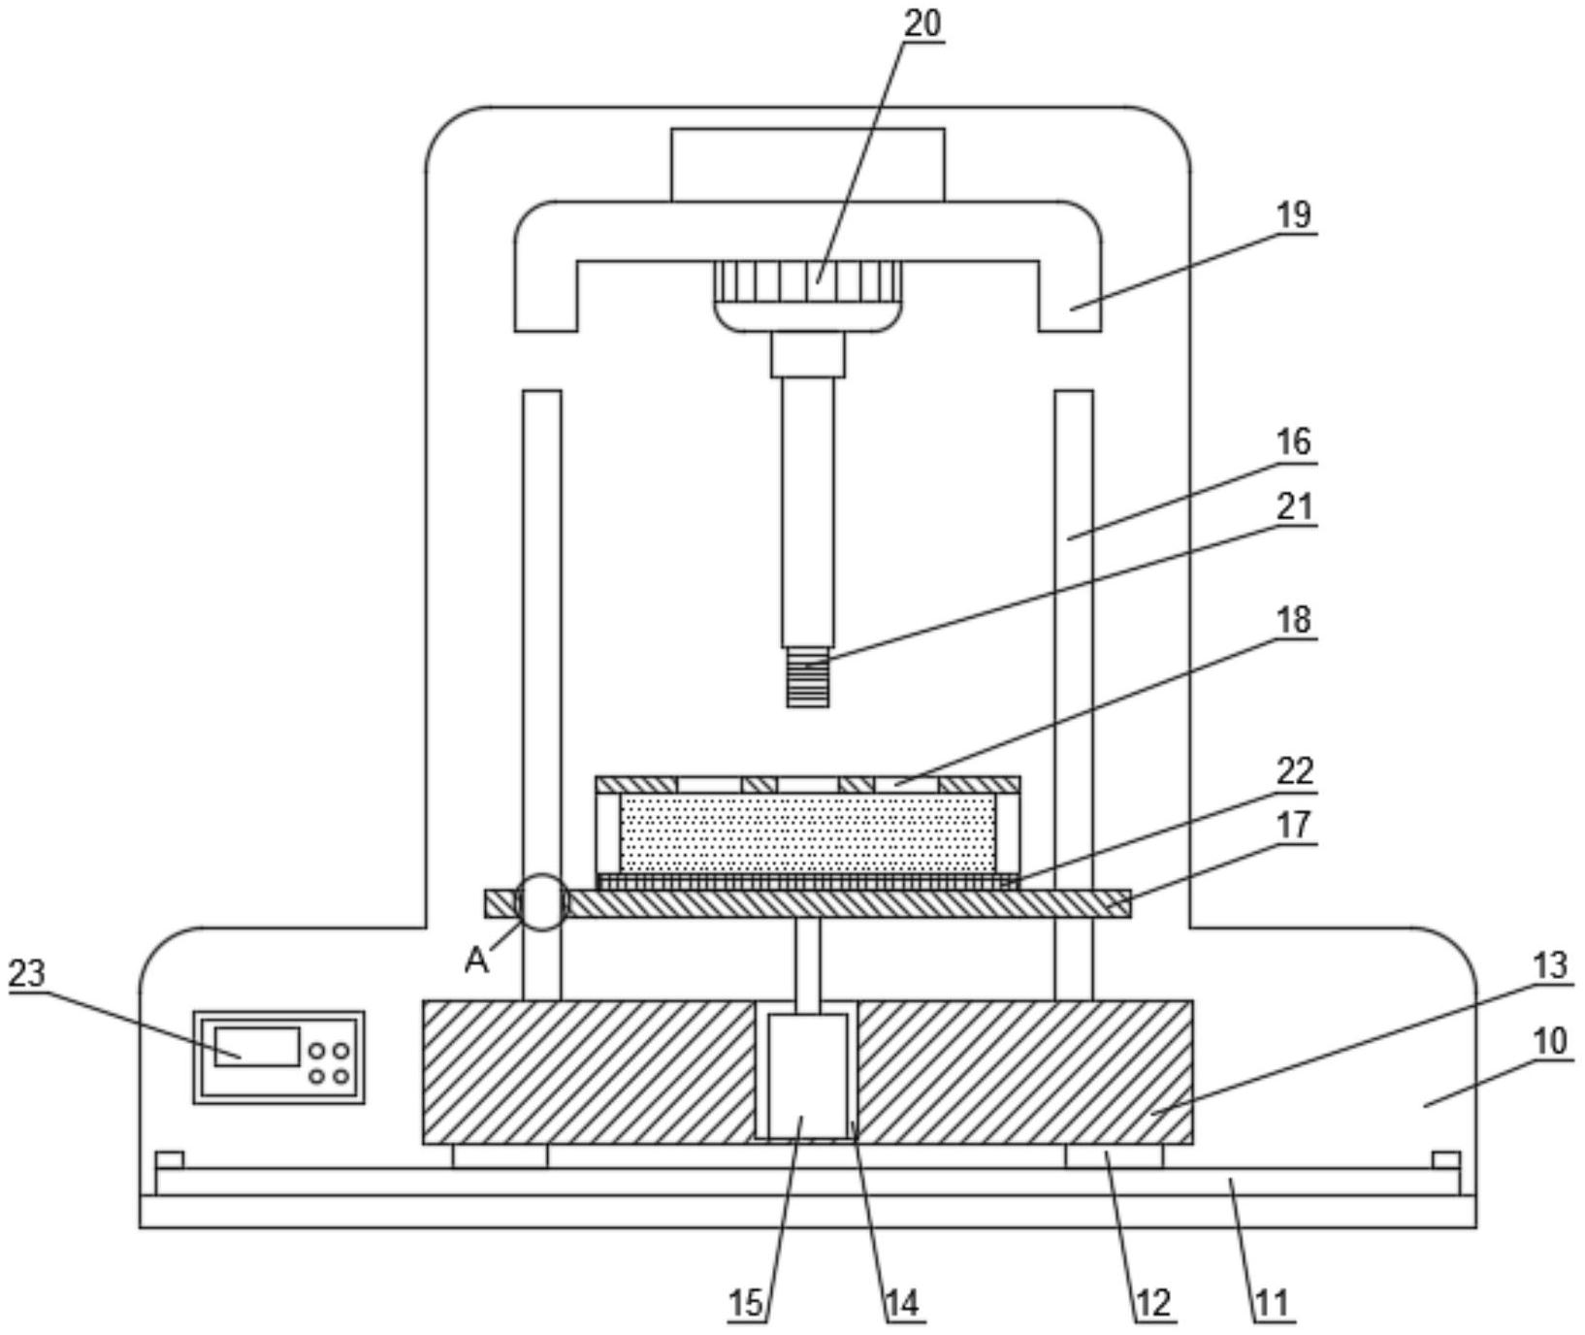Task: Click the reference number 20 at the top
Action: (x=922, y=23)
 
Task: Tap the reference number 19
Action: (x=1294, y=214)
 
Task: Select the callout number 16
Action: (x=1294, y=441)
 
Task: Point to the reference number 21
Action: (x=1294, y=505)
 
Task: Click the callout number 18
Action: (x=1294, y=619)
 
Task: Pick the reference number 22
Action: (x=1294, y=771)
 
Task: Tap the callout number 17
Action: (x=1294, y=824)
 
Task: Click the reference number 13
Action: (x=1550, y=965)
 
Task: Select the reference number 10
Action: (x=1550, y=1041)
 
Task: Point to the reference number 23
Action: (x=27, y=972)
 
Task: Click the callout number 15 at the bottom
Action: (x=746, y=1303)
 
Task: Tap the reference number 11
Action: (x=1273, y=1303)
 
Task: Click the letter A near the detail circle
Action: (x=476, y=960)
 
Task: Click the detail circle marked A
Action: (x=543, y=902)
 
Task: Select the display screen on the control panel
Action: (x=257, y=1047)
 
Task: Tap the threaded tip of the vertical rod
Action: (x=807, y=677)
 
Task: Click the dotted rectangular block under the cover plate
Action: (x=808, y=833)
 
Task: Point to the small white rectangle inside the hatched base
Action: (x=808, y=1076)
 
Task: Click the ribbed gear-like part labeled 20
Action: (x=808, y=281)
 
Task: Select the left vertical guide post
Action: (x=542, y=695)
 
